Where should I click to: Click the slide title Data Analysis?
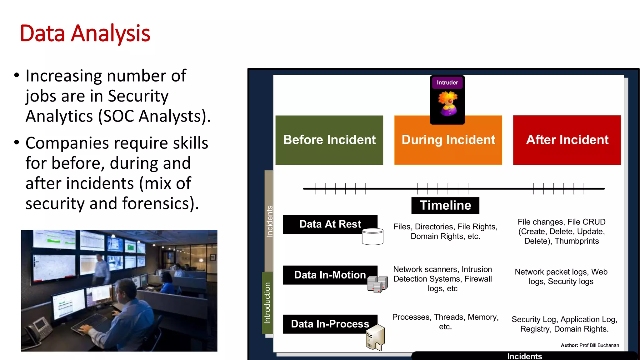[85, 33]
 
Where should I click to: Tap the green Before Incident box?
[329, 140]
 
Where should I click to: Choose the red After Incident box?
[567, 140]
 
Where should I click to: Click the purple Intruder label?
[447, 83]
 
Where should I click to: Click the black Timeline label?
[445, 206]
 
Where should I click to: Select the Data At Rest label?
[330, 224]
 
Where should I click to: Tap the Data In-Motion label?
[330, 275]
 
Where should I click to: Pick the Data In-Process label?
[330, 324]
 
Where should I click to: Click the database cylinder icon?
[372, 237]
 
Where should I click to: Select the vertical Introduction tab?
[267, 302]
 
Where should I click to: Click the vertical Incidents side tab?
[269, 221]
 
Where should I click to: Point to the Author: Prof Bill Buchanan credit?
[590, 345]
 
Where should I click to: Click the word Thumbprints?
[577, 241]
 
